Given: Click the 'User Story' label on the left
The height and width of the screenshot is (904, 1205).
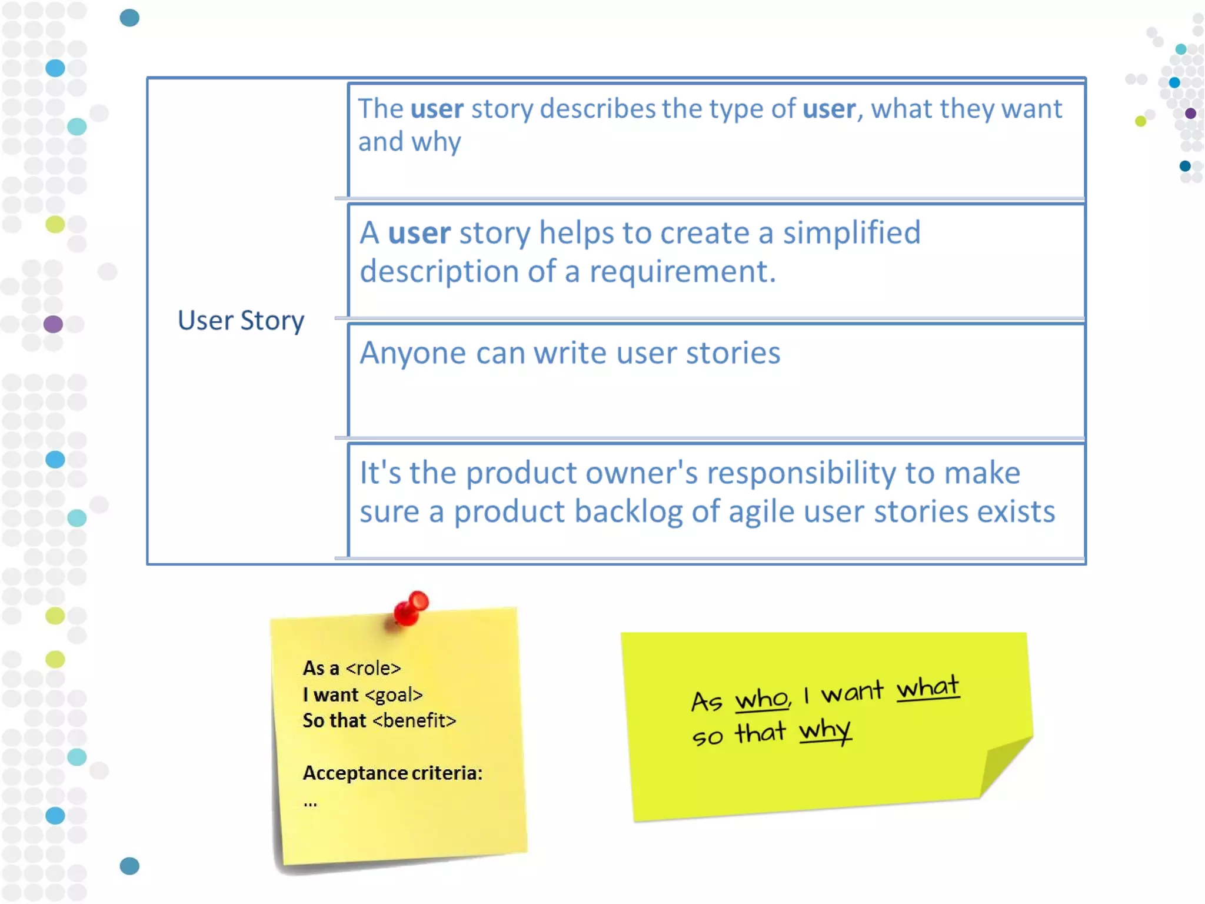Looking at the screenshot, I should [241, 321].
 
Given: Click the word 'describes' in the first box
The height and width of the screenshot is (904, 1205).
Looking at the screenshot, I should [597, 109].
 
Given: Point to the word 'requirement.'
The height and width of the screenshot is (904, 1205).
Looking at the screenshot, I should [683, 272].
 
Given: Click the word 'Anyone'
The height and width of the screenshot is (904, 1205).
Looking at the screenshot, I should [412, 353].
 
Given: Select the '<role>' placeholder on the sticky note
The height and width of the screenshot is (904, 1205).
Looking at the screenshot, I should [374, 669].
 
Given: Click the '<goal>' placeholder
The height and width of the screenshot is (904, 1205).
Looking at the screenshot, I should [394, 695].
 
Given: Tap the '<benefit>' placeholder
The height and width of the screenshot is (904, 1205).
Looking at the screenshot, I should [414, 721].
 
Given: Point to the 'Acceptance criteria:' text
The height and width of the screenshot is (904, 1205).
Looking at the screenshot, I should [392, 773].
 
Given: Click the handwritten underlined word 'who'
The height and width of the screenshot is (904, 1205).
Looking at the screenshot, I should [761, 700].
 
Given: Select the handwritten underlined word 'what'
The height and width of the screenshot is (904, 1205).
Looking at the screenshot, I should [927, 687].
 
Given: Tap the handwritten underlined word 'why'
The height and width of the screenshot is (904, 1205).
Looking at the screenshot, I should [824, 731].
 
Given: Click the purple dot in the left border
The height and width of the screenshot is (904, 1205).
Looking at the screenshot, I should [53, 324].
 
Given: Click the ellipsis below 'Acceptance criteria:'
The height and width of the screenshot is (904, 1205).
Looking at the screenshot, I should [310, 803].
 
